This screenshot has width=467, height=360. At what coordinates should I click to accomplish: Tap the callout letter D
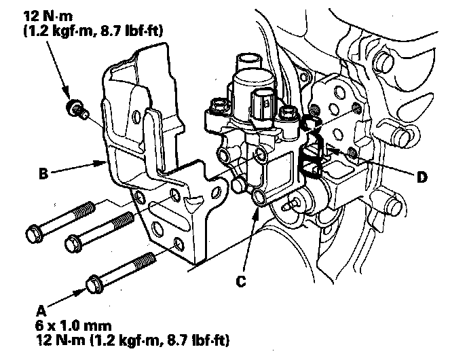(x=422, y=178)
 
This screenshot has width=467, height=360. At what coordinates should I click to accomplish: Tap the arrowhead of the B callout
(x=101, y=162)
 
